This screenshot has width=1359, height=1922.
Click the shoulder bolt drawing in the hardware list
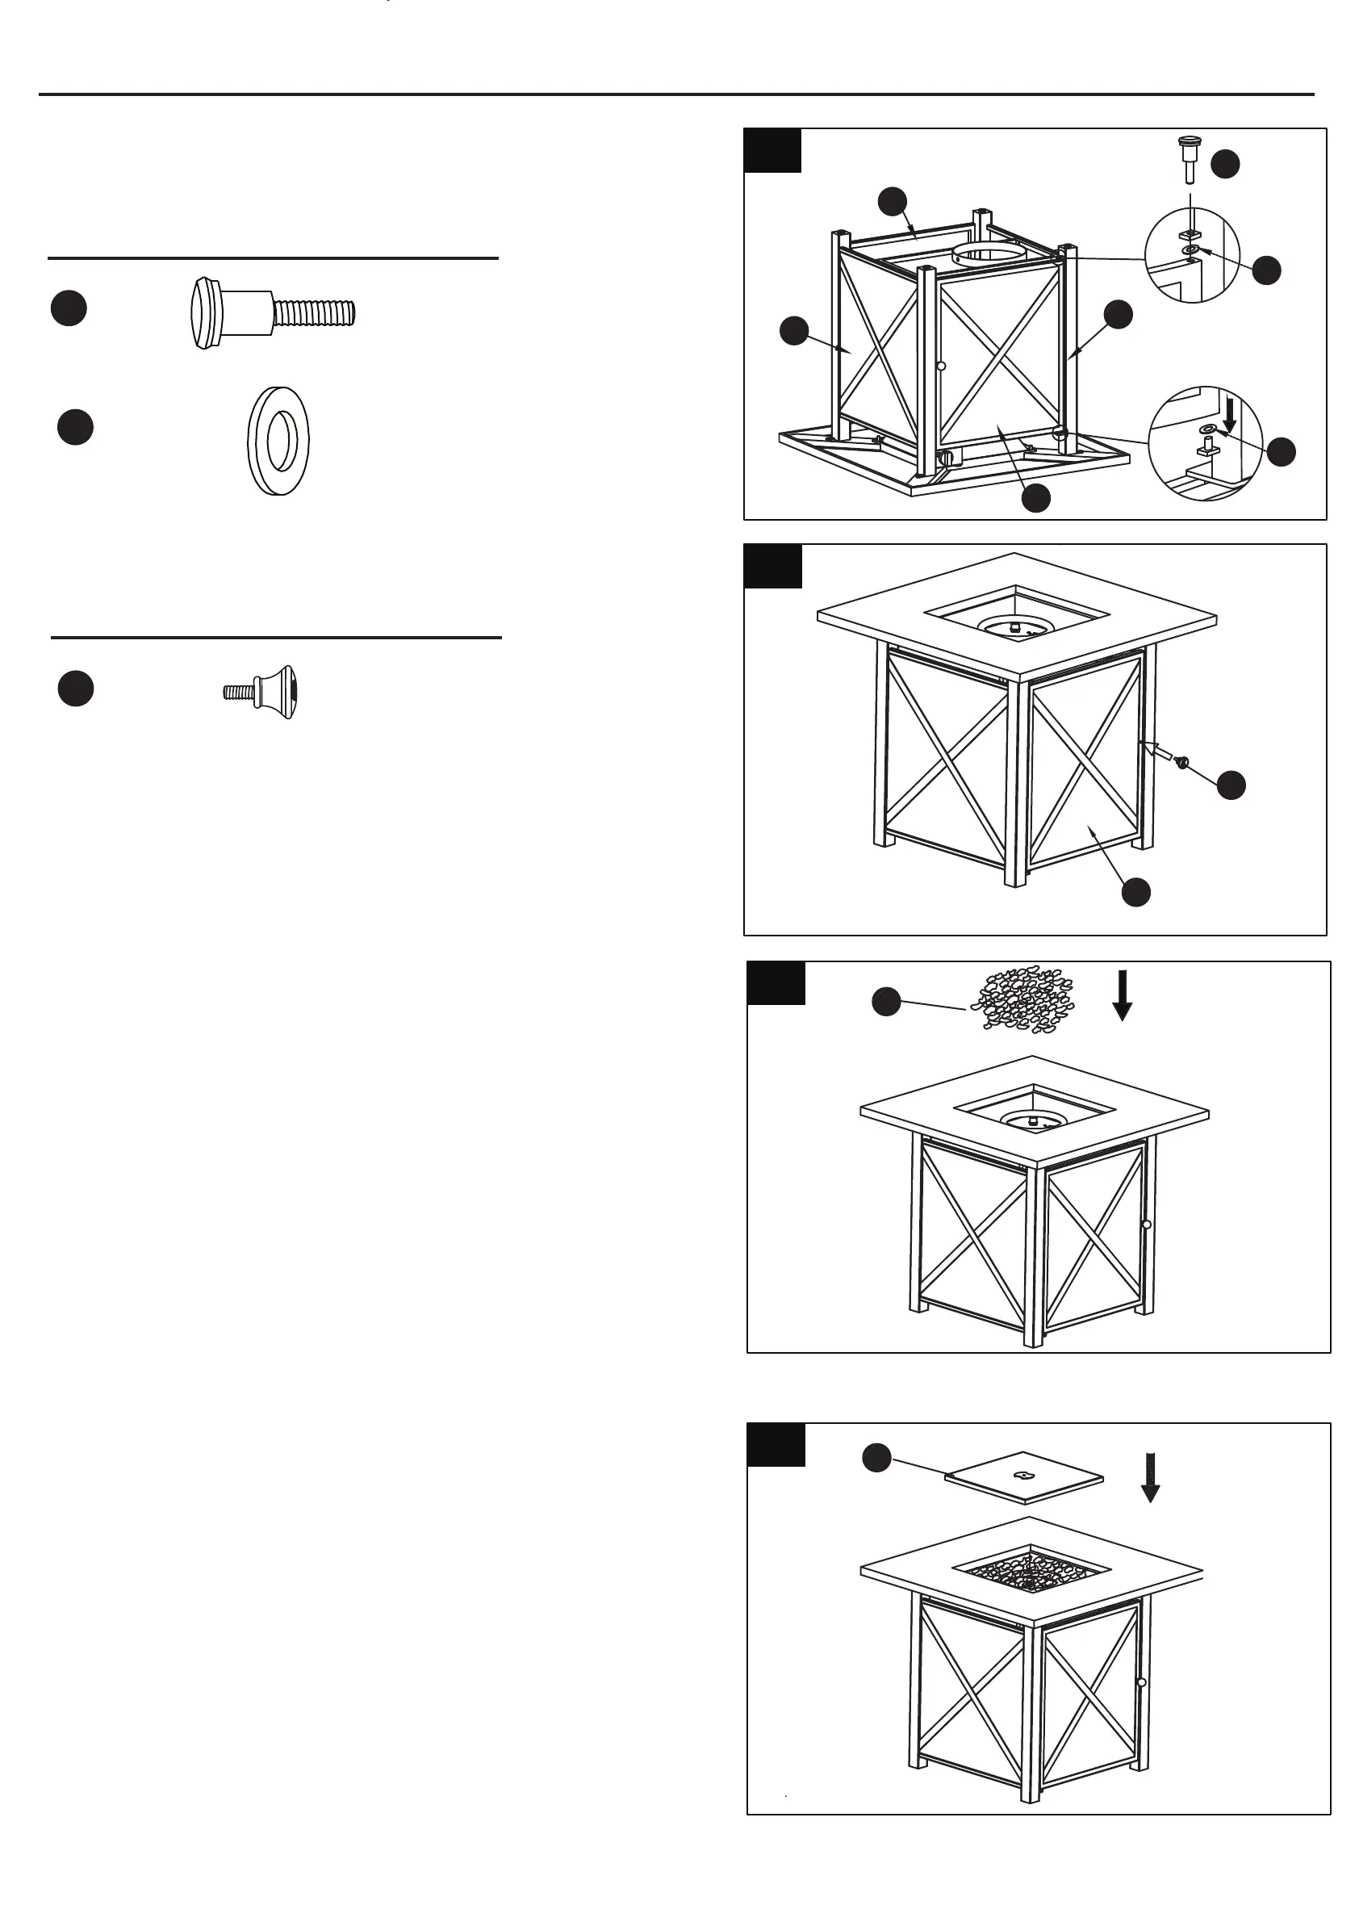pyautogui.click(x=273, y=313)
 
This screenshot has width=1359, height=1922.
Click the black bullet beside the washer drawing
pyautogui.click(x=75, y=427)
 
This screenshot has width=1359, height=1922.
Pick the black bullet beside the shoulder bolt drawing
pyautogui.click(x=69, y=308)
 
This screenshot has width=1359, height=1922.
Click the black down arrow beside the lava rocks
pyautogui.click(x=1123, y=994)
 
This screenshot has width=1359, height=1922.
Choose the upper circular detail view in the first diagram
pyautogui.click(x=1194, y=254)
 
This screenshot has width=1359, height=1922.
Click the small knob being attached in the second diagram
pyautogui.click(x=1182, y=762)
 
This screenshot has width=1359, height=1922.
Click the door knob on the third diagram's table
pyautogui.click(x=1147, y=1225)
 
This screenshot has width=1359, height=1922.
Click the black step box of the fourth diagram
pyautogui.click(x=776, y=1445)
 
